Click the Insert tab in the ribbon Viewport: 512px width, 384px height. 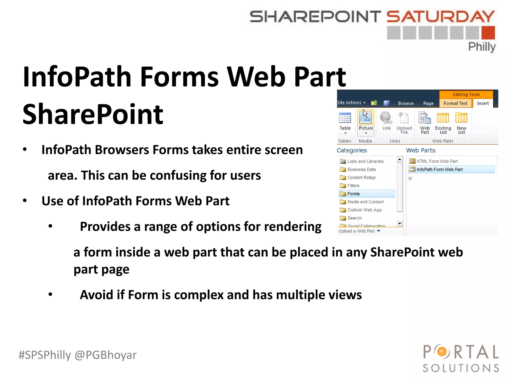(x=482, y=103)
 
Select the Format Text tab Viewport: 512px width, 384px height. (x=455, y=103)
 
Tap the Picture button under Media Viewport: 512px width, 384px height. (x=366, y=121)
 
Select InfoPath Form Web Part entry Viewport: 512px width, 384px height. (x=439, y=169)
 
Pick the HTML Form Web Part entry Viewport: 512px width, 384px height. (x=437, y=161)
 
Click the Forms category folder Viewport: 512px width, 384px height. (x=353, y=194)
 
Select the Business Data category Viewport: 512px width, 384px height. (x=361, y=169)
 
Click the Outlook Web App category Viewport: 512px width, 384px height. (x=364, y=210)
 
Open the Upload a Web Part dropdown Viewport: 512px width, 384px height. (x=378, y=231)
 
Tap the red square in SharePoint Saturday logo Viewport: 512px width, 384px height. (x=488, y=33)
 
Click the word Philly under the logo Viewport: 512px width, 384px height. (x=481, y=47)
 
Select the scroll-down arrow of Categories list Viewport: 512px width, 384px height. (x=400, y=223)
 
